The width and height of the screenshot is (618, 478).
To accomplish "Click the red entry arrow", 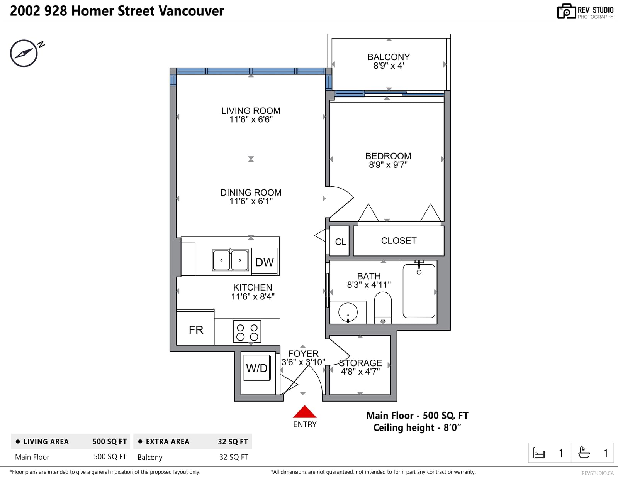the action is (305, 412).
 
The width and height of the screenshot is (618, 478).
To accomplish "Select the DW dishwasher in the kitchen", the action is (264, 261).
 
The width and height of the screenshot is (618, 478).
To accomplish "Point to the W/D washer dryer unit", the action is (257, 368).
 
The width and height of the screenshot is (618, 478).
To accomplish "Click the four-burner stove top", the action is (247, 331).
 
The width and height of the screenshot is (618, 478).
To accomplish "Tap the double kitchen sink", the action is (230, 260).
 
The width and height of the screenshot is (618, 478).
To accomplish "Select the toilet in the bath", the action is (383, 307).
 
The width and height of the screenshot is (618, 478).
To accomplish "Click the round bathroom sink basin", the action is (348, 312).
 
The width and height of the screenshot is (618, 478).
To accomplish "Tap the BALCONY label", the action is (389, 57).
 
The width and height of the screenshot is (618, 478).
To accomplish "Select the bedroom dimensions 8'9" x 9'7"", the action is (388, 165).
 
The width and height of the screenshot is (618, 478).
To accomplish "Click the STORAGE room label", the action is (360, 363).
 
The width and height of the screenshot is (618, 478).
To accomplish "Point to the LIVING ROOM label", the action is (251, 111).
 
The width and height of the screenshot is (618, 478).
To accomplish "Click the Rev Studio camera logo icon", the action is (566, 11).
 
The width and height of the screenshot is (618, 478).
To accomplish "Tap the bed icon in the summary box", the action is (539, 453).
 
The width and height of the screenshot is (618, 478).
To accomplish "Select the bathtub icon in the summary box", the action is (584, 453).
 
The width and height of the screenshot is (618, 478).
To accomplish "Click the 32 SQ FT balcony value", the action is (234, 457).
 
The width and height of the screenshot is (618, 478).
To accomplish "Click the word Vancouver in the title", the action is (191, 11).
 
